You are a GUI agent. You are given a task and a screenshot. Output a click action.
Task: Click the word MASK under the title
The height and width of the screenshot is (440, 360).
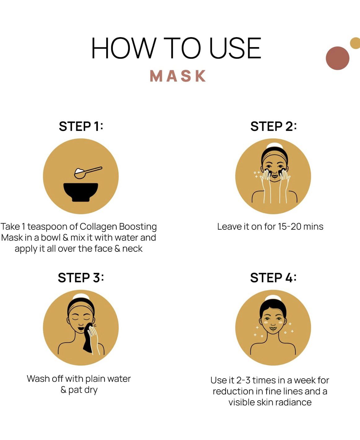178,76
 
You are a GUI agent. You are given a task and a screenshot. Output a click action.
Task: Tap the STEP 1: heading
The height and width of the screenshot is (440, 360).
81,126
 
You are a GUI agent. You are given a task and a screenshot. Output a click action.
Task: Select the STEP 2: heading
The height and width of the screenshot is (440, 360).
273,126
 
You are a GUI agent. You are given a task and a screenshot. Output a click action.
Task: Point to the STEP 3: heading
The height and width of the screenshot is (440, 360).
81,278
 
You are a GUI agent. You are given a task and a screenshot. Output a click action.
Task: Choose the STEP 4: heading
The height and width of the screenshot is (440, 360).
273,278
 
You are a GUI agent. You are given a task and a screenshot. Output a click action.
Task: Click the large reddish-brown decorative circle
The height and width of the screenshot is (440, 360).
337,58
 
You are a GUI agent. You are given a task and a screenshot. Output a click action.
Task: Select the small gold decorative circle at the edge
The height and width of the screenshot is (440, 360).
355,43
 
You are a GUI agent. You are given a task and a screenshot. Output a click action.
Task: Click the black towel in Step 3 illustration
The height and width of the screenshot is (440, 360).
88,338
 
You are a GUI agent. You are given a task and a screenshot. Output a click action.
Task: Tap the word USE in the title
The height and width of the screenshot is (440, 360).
235,48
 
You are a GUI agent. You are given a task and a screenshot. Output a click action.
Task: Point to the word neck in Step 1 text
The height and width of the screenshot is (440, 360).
132,249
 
